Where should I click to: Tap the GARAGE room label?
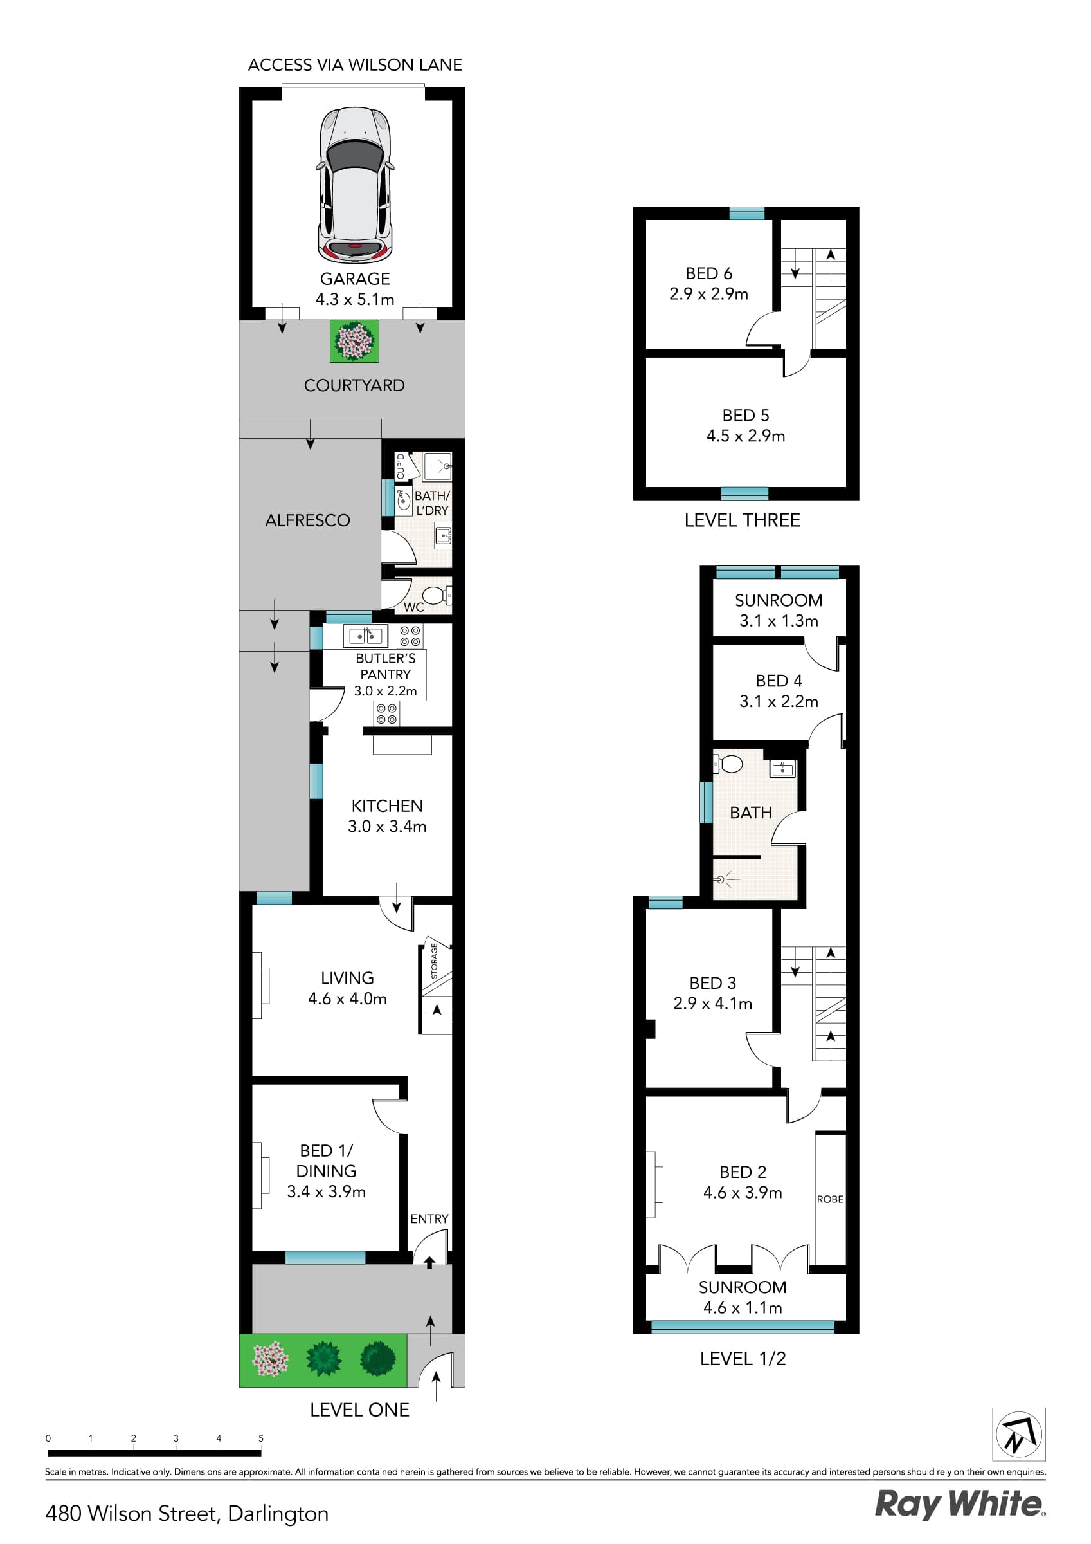pyautogui.click(x=354, y=279)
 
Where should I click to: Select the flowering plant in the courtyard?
pyautogui.click(x=354, y=341)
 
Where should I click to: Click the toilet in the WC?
pyautogui.click(x=434, y=595)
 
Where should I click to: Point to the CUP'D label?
pyautogui.click(x=401, y=466)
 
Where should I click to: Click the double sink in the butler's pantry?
pyautogui.click(x=365, y=636)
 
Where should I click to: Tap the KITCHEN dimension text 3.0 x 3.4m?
pyautogui.click(x=386, y=827)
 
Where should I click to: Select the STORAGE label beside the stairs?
pyautogui.click(x=434, y=960)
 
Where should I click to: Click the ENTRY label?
pyautogui.click(x=429, y=1218)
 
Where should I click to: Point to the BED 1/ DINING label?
pyautogui.click(x=326, y=1161)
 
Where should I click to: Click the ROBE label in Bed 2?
pyautogui.click(x=830, y=1199)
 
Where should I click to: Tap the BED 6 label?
pyautogui.click(x=708, y=273)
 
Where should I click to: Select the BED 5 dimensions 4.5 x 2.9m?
pyautogui.click(x=746, y=436)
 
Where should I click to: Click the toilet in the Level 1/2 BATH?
pyautogui.click(x=729, y=764)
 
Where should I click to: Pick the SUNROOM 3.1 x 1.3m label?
pyautogui.click(x=779, y=610)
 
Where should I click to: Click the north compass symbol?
pyautogui.click(x=1019, y=1435)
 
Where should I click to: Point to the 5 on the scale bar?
pyautogui.click(x=261, y=1438)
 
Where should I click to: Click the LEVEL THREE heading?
pyautogui.click(x=742, y=520)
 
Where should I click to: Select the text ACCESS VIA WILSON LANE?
pyautogui.click(x=355, y=65)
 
